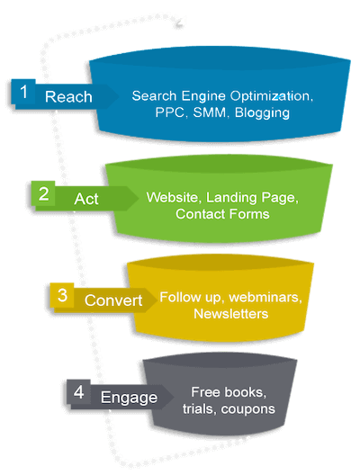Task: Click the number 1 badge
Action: pos(23,92)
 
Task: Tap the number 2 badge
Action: pos(43,193)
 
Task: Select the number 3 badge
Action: pos(62,295)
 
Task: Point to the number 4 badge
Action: pos(79,391)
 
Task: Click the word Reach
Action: pos(68,97)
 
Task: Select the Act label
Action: pos(86,199)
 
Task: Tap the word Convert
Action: pos(113,300)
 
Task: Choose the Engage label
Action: pos(129,398)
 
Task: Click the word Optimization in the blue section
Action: pos(271,96)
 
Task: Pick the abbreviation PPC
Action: pos(170,112)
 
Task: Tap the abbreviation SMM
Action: pos(210,112)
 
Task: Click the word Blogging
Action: pos(262,113)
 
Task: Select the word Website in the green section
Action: pos(173,198)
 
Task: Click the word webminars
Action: pos(265,298)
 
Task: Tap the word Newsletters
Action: pos(231,314)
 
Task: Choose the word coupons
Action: pos(247,409)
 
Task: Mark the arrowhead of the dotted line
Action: pos(179,23)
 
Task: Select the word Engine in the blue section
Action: pos(203,96)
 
